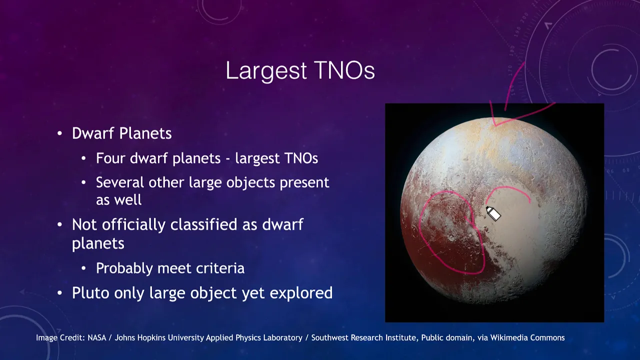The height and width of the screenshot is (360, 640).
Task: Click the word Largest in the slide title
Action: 266,71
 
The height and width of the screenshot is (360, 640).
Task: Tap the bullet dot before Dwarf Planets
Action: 59,133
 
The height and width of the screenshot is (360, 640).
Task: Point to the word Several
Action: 119,182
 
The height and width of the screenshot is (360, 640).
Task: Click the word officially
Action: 133,225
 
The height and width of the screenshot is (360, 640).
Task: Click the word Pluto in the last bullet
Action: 90,292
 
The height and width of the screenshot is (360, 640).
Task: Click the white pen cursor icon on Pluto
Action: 493,213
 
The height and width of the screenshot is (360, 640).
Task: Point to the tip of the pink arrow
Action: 495,125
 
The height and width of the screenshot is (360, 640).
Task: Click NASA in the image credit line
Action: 97,337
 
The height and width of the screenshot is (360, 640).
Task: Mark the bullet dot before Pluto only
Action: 59,293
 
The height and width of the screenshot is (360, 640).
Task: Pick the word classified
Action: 203,224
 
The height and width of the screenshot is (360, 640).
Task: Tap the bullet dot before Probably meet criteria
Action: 83,268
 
